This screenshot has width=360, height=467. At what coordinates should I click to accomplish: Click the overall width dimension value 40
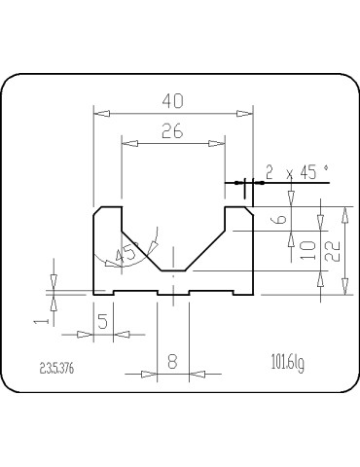[x=173, y=101]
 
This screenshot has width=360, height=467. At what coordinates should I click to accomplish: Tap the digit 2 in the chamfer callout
[x=270, y=172]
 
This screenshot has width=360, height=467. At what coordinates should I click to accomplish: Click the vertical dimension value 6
[x=281, y=219]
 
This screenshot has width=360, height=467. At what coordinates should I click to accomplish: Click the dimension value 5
[x=103, y=323]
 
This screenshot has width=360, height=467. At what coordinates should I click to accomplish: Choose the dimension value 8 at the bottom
[x=173, y=361]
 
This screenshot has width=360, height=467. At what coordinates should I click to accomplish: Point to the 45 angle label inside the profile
[x=126, y=254]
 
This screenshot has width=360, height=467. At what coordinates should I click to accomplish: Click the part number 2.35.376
[x=58, y=369]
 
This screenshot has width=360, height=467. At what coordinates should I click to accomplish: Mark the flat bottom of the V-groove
[x=173, y=270]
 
